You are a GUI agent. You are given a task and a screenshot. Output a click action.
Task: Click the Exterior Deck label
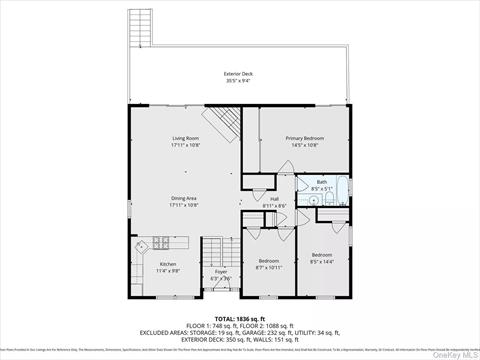(239, 74)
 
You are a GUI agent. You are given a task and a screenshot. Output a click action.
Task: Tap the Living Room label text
(186, 138)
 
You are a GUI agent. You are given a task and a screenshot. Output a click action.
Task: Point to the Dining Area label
(184, 199)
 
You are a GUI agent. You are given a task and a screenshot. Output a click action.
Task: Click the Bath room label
(322, 182)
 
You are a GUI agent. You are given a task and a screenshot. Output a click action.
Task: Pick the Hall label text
(274, 199)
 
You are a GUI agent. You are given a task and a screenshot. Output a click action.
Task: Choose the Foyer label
(221, 271)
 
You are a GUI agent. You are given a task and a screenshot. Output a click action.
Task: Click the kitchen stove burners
(159, 241)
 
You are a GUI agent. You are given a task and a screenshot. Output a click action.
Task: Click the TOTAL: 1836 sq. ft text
(237, 318)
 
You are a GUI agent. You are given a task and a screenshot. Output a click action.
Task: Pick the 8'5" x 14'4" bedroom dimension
(322, 261)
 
